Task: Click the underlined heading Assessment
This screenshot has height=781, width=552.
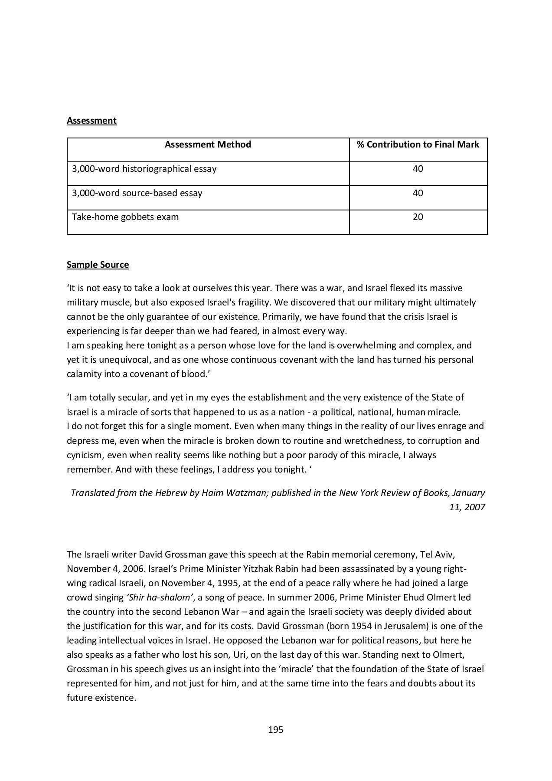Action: [91, 121]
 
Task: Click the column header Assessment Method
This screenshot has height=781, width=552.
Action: [208, 144]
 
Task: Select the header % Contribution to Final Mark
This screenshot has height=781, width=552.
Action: [418, 144]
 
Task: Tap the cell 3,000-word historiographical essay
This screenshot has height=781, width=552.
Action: [144, 169]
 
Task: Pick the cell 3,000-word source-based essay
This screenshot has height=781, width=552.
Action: [137, 193]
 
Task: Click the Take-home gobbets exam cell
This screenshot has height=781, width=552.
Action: [125, 217]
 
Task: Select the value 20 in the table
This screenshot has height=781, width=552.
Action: [418, 217]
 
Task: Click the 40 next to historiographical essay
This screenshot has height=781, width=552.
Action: [418, 169]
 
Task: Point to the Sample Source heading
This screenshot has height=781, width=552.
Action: [98, 265]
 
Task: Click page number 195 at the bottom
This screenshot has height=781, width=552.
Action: [276, 730]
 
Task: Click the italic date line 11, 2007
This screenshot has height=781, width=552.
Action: [467, 507]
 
